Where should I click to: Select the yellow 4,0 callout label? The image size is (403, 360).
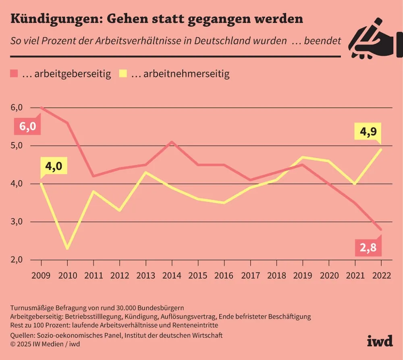coord(54,166)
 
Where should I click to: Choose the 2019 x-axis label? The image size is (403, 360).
coord(302,275)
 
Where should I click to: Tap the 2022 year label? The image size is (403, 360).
coord(381,275)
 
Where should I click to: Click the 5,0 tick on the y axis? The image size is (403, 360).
coord(17,146)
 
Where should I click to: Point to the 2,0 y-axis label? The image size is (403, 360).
coord(17,260)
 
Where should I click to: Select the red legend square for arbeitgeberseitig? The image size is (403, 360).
coord(15,74)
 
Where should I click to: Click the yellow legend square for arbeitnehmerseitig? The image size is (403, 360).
coord(123,74)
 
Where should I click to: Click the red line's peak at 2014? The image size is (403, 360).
coord(172,142)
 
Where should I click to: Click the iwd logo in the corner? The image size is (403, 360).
coord(379,341)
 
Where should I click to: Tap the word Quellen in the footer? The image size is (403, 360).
coord(24,335)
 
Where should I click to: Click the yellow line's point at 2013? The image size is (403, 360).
coord(145,172)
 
